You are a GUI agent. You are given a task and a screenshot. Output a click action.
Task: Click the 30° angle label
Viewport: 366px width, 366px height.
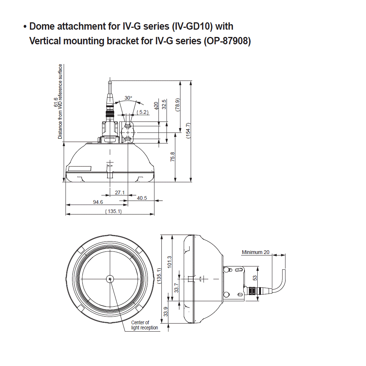tap(128, 98)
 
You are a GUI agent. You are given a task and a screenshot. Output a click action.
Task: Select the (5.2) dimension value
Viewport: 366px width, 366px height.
tap(142, 112)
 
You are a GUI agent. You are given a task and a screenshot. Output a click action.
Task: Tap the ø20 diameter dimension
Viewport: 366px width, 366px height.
tap(156, 106)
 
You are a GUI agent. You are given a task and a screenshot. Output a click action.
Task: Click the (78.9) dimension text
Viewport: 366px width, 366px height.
tap(178, 105)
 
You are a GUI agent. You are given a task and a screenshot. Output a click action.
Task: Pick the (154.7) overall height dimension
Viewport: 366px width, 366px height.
tap(188, 130)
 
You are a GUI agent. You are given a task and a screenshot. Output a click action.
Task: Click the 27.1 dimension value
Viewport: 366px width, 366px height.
tap(120, 193)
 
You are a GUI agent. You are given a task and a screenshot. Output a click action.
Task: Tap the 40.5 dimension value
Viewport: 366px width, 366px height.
tap(142, 198)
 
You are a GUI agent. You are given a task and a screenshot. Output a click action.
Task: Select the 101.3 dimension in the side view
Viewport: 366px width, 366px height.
tap(169, 262)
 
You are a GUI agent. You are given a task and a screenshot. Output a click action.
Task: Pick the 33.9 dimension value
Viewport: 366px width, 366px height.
tap(165, 311)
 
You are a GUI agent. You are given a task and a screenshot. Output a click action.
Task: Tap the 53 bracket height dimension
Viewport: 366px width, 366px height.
tap(255, 278)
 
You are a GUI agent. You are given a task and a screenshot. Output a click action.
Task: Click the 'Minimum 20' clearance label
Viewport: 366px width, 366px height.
tap(255, 252)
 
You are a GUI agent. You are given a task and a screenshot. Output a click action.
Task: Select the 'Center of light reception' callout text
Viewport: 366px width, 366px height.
tap(145, 325)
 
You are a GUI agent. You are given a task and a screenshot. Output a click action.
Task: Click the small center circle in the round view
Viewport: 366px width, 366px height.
tap(110, 279)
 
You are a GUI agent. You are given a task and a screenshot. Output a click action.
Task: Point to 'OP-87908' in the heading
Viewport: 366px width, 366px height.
tap(227, 41)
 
